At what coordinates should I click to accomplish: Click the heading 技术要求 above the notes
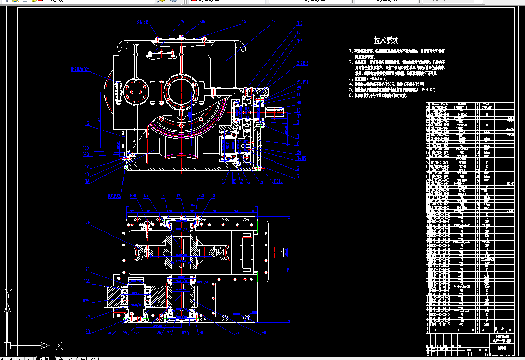point(386,40)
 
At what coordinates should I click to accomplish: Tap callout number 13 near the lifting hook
point(274,22)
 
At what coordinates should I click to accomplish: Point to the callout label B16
point(202,22)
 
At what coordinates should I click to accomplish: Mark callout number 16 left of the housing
point(87,124)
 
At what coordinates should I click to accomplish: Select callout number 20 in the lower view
point(87,223)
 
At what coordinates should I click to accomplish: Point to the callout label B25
point(136,333)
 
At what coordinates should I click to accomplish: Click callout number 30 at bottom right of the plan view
point(265,333)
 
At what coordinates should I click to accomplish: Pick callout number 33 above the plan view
point(163,196)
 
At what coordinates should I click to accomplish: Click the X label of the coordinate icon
point(59,345)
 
